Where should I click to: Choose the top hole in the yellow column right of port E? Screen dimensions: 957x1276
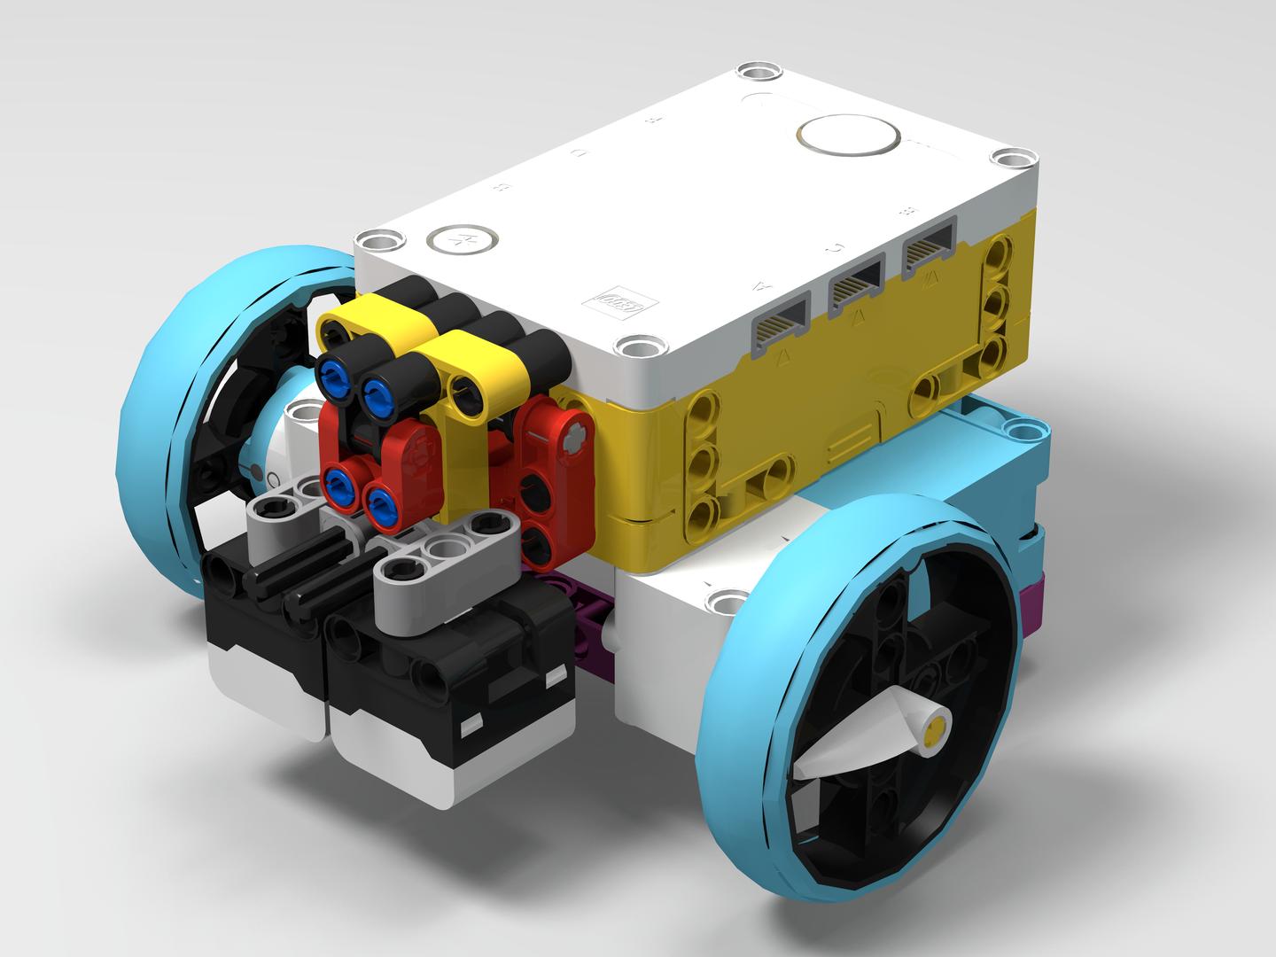1001,256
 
